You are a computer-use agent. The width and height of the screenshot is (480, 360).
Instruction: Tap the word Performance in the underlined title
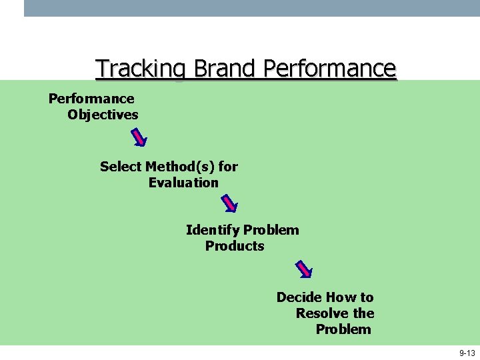[x=330, y=69]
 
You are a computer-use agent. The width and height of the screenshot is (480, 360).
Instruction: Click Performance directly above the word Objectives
[x=91, y=99]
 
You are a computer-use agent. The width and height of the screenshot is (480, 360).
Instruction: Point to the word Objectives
[x=103, y=115]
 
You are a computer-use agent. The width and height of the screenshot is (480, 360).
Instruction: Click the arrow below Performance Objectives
[x=139, y=137]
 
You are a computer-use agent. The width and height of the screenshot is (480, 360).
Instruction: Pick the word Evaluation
[x=183, y=182]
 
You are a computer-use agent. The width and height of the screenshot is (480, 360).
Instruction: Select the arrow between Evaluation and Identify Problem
[x=229, y=203]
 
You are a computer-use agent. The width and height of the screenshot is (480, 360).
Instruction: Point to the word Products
[x=235, y=246]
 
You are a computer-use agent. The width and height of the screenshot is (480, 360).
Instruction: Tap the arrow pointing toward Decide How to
[x=303, y=268]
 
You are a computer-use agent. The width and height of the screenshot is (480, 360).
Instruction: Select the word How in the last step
[x=342, y=297]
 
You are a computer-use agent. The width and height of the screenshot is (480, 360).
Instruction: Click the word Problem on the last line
[x=343, y=329]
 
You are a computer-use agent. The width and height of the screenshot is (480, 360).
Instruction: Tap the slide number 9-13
[x=467, y=353]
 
